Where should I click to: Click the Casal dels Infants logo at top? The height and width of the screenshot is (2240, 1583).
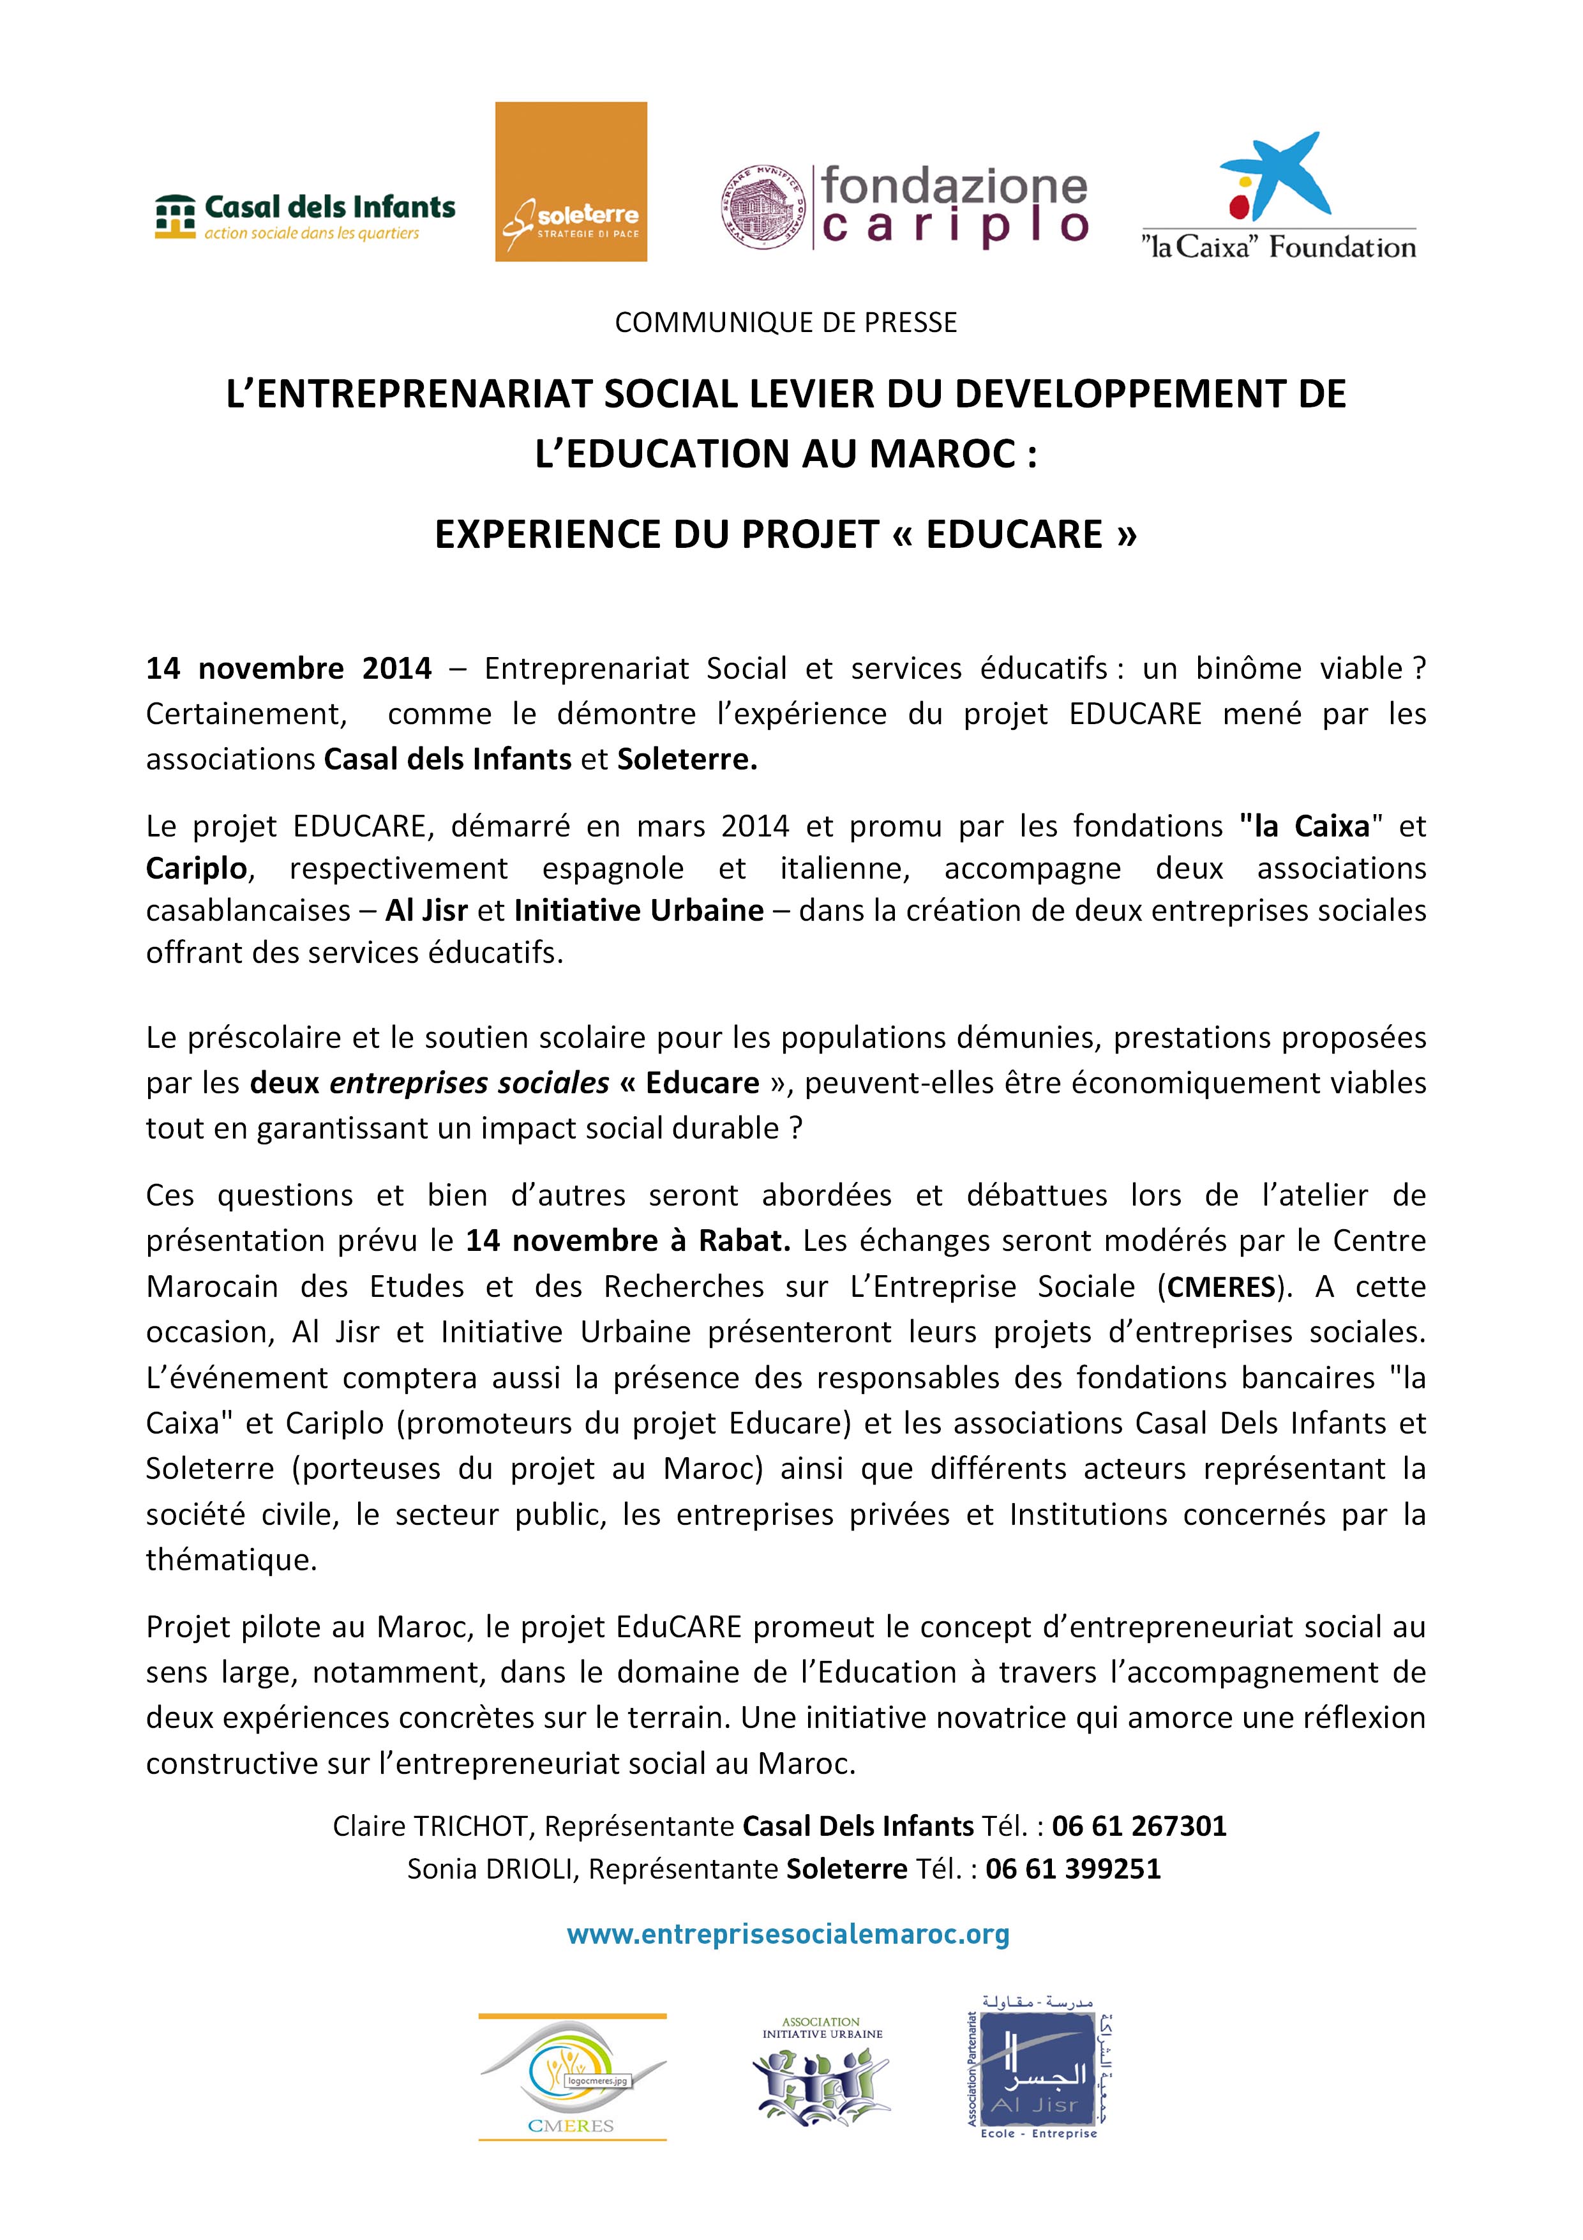[x=305, y=216]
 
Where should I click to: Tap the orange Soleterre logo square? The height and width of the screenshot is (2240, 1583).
[x=571, y=181]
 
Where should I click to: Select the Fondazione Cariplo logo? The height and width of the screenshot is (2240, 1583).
[x=903, y=208]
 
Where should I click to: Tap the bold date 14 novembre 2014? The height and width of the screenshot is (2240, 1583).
[x=289, y=669]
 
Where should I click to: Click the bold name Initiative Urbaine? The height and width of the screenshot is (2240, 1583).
[x=639, y=911]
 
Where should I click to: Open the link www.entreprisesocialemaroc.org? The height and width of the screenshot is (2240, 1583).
[x=788, y=1934]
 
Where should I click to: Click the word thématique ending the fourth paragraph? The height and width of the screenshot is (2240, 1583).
[x=231, y=1560]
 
